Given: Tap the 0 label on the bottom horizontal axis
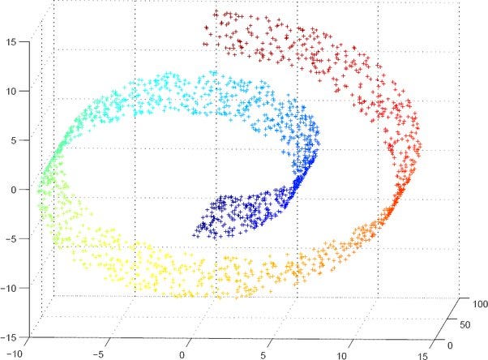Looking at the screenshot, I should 182,354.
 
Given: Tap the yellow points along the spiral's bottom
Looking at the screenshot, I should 154,268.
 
